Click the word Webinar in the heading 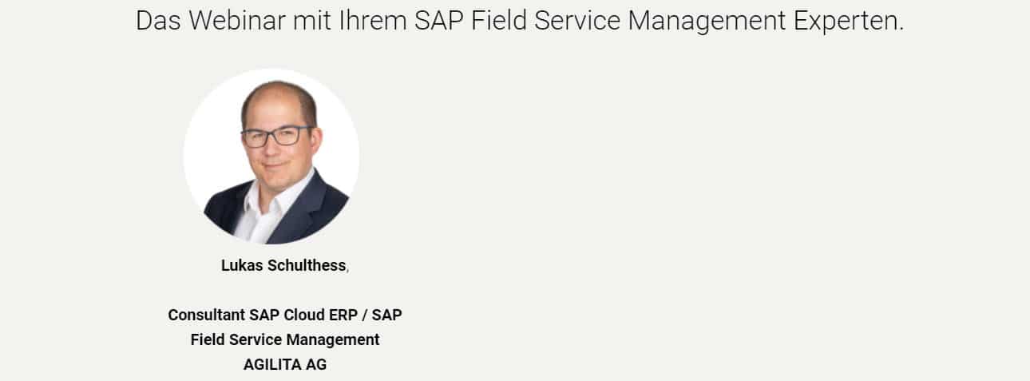237,21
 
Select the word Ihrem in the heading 373,21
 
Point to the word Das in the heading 158,21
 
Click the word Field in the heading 499,21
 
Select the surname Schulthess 307,265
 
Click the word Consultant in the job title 207,316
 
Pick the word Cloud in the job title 304,316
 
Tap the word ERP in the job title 343,316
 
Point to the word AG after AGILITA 316,365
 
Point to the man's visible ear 316,141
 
